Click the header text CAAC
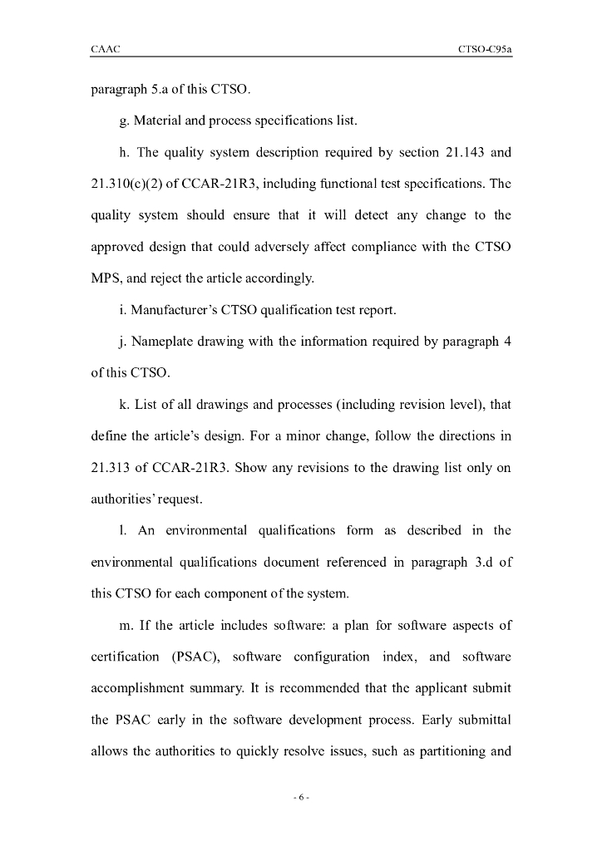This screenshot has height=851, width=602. pyautogui.click(x=106, y=50)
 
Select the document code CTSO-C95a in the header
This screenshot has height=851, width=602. pyautogui.click(x=484, y=50)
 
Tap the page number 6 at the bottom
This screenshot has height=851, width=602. pyautogui.click(x=301, y=798)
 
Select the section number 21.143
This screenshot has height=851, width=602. pyautogui.click(x=458, y=153)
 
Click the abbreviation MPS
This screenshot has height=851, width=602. pyautogui.click(x=105, y=278)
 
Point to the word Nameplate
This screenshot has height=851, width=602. pyautogui.click(x=160, y=342)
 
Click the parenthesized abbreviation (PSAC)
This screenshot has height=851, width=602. pyautogui.click(x=196, y=657)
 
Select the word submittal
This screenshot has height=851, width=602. pyautogui.click(x=479, y=720)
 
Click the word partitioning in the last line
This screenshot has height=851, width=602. pyautogui.click(x=450, y=751)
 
